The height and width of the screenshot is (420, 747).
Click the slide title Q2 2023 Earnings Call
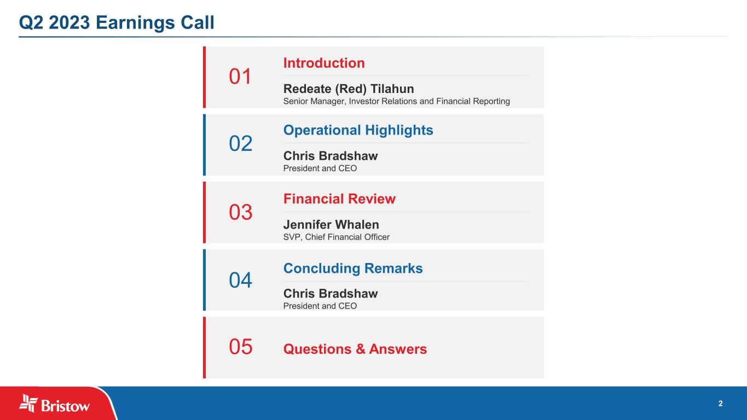coord(117,22)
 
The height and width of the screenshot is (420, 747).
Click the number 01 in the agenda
coord(240,77)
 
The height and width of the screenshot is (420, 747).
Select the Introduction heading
coord(324,63)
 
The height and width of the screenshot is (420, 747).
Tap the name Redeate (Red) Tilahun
coord(349,89)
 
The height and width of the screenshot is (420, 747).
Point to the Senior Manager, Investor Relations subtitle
coord(397,101)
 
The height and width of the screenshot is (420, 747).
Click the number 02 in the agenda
coord(240,144)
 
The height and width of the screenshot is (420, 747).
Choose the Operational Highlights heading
coord(358,130)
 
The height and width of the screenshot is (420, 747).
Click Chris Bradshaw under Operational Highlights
coord(331,156)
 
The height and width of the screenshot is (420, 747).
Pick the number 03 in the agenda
coord(240,212)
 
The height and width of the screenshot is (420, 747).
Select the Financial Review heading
coord(339,199)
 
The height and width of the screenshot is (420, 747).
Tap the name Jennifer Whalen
coord(331,225)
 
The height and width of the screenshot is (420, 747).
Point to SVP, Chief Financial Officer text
coord(336,237)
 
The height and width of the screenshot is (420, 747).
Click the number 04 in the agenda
coord(240,280)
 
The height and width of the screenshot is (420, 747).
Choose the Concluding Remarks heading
coord(353,269)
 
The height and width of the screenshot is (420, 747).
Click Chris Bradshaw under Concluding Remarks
coord(331,293)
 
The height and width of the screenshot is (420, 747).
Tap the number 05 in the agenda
coord(240,347)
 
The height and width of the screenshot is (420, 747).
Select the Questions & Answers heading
coord(355,349)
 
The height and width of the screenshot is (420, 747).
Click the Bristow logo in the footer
coord(54,404)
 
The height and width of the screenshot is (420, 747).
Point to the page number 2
coord(720,404)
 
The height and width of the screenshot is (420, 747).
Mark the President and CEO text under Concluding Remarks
coord(320,306)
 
